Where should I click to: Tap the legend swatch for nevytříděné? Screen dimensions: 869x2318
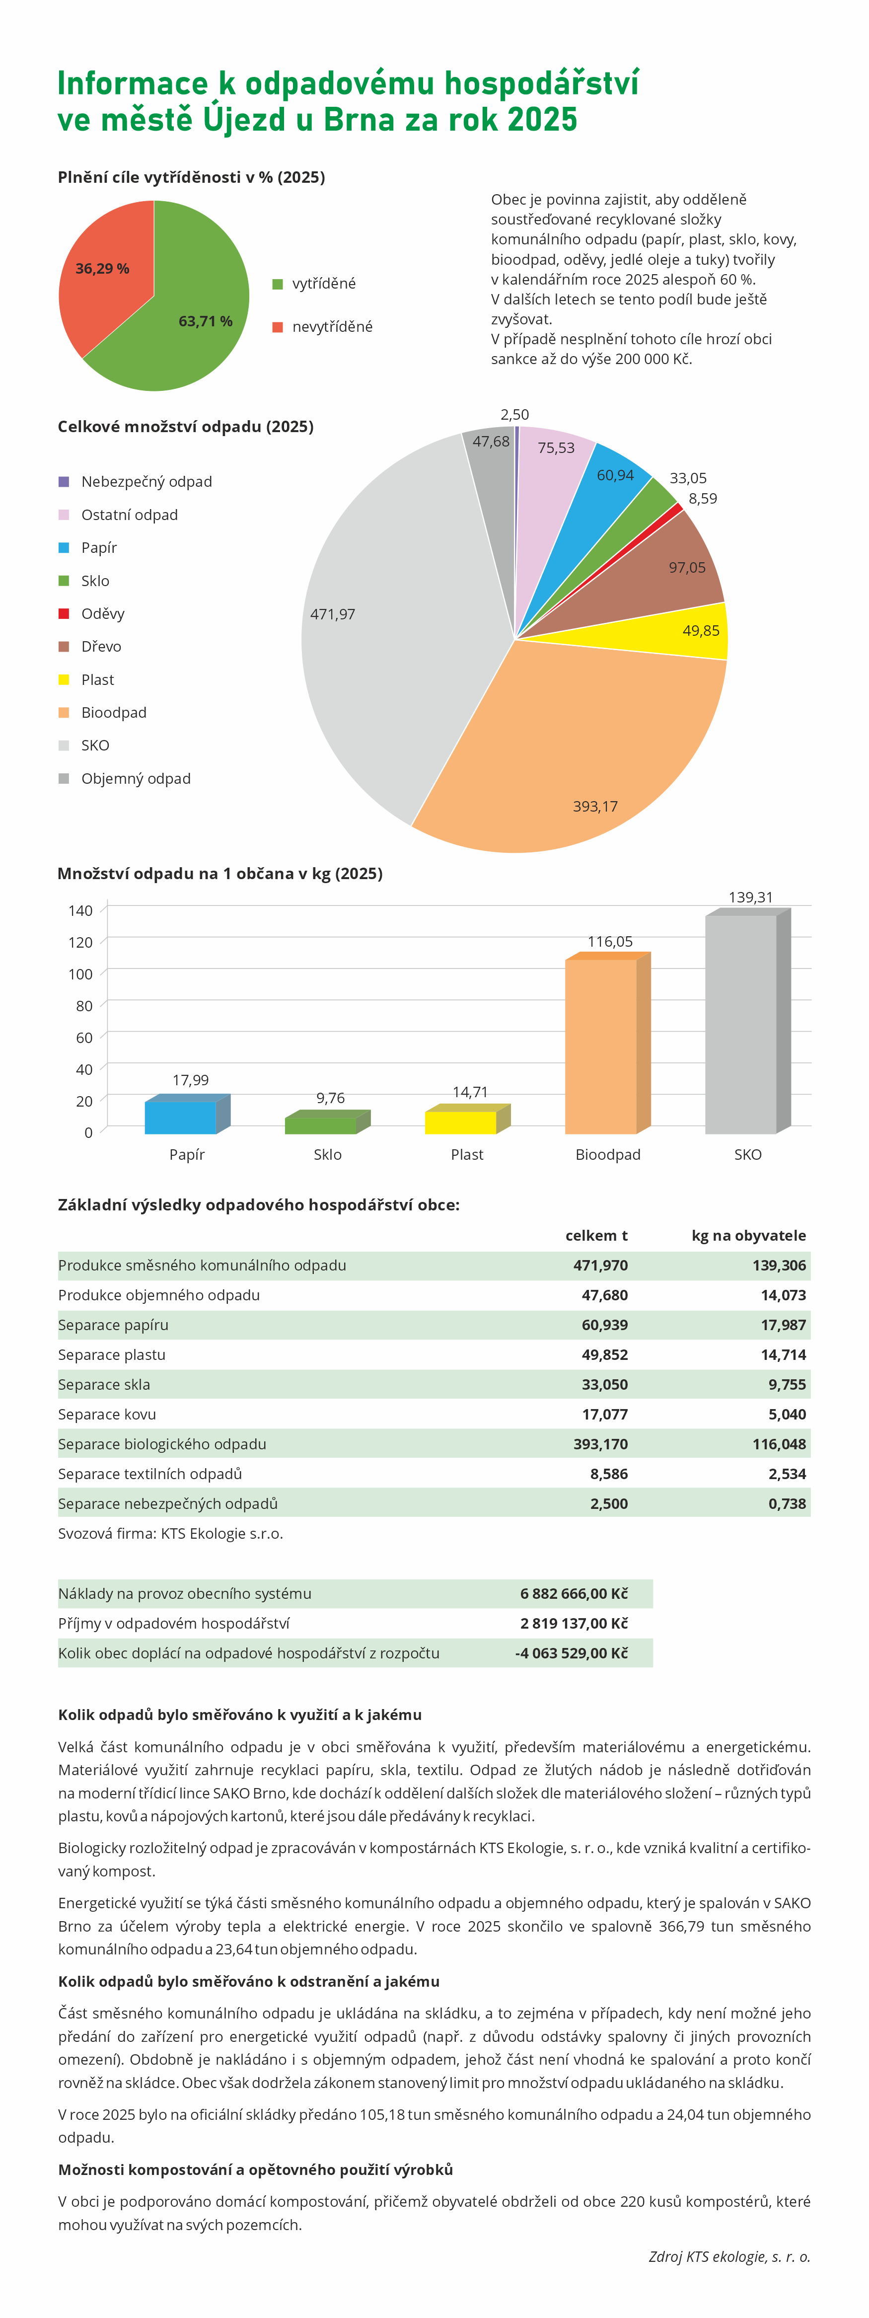coord(278,327)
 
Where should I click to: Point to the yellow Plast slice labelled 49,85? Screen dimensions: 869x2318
coord(684,632)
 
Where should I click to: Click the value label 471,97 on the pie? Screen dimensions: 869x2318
coord(333,614)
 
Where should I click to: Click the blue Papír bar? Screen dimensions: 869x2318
coord(181,1116)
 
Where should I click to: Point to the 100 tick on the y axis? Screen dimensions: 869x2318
coord(80,973)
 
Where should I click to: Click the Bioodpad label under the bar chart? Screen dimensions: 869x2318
coord(608,1154)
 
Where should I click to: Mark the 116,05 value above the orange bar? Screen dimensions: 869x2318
coord(610,941)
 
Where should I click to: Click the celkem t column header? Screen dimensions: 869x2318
coord(596,1235)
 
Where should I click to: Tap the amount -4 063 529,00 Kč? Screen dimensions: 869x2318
coord(571,1653)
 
